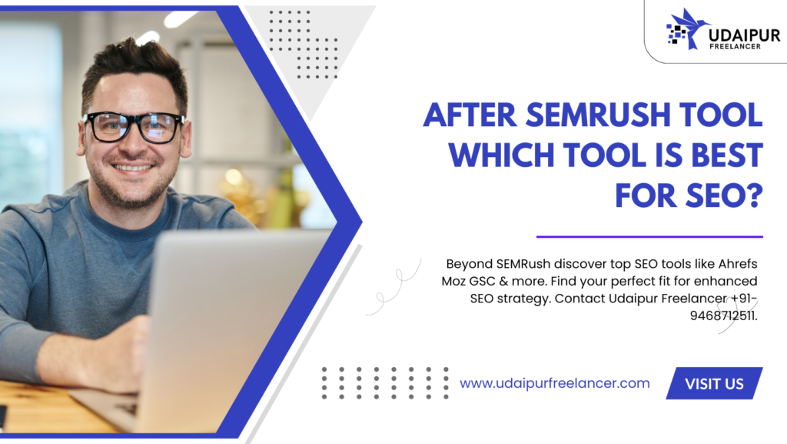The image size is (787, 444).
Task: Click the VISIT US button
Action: [x=714, y=383]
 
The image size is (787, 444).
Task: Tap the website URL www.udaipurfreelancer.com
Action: [x=555, y=383]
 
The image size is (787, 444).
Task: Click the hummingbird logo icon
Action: [x=686, y=29]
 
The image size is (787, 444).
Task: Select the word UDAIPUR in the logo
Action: [x=745, y=35]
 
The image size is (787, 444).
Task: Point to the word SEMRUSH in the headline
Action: [x=598, y=115]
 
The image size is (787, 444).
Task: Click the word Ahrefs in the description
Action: [x=738, y=264]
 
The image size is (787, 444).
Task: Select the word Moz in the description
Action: [x=453, y=282]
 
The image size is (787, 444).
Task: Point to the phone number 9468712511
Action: [x=724, y=315]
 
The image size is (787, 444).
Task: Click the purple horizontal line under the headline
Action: [x=649, y=236]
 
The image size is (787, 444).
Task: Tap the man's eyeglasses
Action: [x=134, y=126]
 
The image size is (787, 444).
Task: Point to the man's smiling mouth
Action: [x=132, y=167]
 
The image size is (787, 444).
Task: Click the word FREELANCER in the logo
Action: [x=735, y=46]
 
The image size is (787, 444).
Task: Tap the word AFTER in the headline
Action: [x=470, y=115]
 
